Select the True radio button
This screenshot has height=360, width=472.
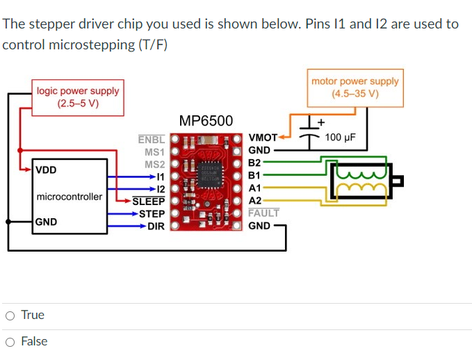pos(10,316)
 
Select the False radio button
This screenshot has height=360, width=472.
pos(10,342)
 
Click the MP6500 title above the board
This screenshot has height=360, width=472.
pos(206,121)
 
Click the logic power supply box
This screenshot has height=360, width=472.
pos(78,97)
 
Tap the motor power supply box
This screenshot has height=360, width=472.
pos(355,88)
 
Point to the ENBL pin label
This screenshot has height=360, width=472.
pos(152,139)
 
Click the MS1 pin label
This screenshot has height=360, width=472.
pos(154,152)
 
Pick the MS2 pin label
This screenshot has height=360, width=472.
pos(154,164)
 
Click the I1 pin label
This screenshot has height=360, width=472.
pos(159,177)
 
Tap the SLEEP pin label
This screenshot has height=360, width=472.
pos(149,202)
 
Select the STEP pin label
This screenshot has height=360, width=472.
pos(152,213)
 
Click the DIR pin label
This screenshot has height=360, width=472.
pos(156,226)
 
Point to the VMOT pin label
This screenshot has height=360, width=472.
pos(262,138)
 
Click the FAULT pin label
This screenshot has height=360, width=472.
pos(263,213)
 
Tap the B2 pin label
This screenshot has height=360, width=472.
pos(254,163)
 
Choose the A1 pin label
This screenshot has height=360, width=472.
pos(254,188)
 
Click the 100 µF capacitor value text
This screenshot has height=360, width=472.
pos(340,137)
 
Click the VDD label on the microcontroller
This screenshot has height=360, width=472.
pos(46,170)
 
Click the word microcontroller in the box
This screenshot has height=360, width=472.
pos(69,197)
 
